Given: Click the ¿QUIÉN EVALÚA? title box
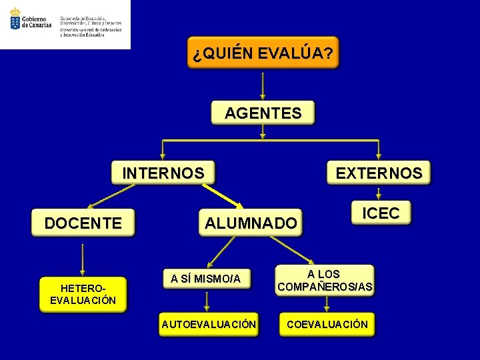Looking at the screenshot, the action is [x=263, y=53].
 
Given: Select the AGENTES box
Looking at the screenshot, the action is [x=263, y=113].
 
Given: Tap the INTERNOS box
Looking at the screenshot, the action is [x=163, y=173].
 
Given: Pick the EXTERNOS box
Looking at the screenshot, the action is [x=379, y=173].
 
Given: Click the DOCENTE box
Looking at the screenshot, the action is [x=83, y=223].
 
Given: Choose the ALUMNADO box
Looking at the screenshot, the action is [x=250, y=223].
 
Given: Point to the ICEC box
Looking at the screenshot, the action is [x=381, y=213].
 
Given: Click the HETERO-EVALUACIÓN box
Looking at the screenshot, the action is [x=83, y=294].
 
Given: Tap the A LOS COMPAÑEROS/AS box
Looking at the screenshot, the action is [x=325, y=281].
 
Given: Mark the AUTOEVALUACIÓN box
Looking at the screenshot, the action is [x=208, y=324].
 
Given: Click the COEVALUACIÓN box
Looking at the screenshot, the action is [x=327, y=324].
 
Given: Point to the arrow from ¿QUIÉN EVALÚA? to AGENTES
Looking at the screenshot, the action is [x=263, y=85].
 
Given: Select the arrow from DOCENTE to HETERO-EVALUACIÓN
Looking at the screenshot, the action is [x=83, y=261].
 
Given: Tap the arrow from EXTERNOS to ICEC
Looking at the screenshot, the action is [x=378, y=193].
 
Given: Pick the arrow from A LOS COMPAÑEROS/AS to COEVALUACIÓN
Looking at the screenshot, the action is [x=326, y=305].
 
